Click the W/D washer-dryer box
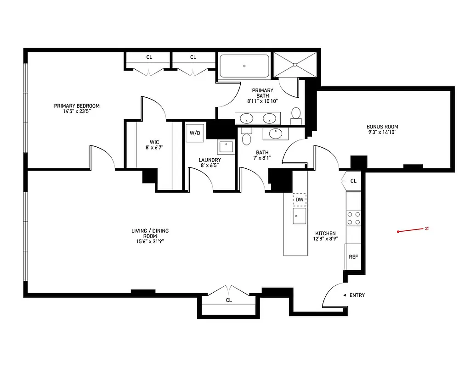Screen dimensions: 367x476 pyautogui.click(x=195, y=133)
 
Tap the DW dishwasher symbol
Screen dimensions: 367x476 pyautogui.click(x=300, y=200)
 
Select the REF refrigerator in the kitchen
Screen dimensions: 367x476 pyautogui.click(x=353, y=257)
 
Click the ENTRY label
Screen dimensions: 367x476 pyautogui.click(x=357, y=295)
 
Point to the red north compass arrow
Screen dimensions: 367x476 pyautogui.click(x=412, y=230)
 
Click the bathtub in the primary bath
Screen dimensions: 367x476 pyautogui.click(x=244, y=66)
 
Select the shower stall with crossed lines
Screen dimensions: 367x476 pyautogui.click(x=295, y=64)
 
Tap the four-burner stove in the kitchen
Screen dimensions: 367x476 pyautogui.click(x=353, y=218)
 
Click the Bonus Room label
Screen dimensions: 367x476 pyautogui.click(x=382, y=127)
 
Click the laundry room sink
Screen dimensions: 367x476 pyautogui.click(x=226, y=146)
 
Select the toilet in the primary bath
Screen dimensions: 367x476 pyautogui.click(x=296, y=113)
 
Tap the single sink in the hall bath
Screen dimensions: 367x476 pyautogui.click(x=275, y=133)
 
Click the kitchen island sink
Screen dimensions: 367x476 pyautogui.click(x=299, y=216)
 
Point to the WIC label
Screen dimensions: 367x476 pyautogui.click(x=154, y=142)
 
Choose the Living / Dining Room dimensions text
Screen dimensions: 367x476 pyautogui.click(x=147, y=241)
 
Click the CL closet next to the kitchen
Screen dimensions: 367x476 pyautogui.click(x=353, y=181)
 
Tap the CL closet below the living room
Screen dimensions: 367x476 pyautogui.click(x=228, y=300)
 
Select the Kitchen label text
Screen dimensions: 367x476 pyautogui.click(x=325, y=234)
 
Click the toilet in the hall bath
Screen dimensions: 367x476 pyautogui.click(x=247, y=139)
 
